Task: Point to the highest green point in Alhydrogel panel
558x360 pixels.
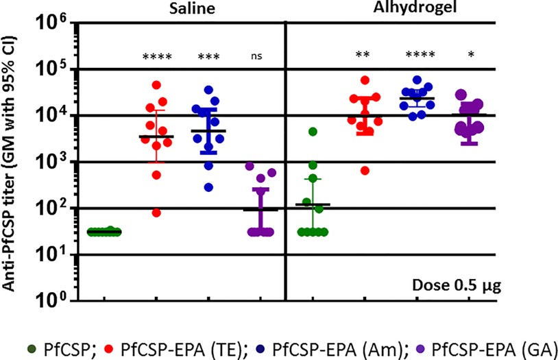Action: click(313, 132)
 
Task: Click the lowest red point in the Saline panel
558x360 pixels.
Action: click(156, 213)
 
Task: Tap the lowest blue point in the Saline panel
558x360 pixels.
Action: click(208, 187)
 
